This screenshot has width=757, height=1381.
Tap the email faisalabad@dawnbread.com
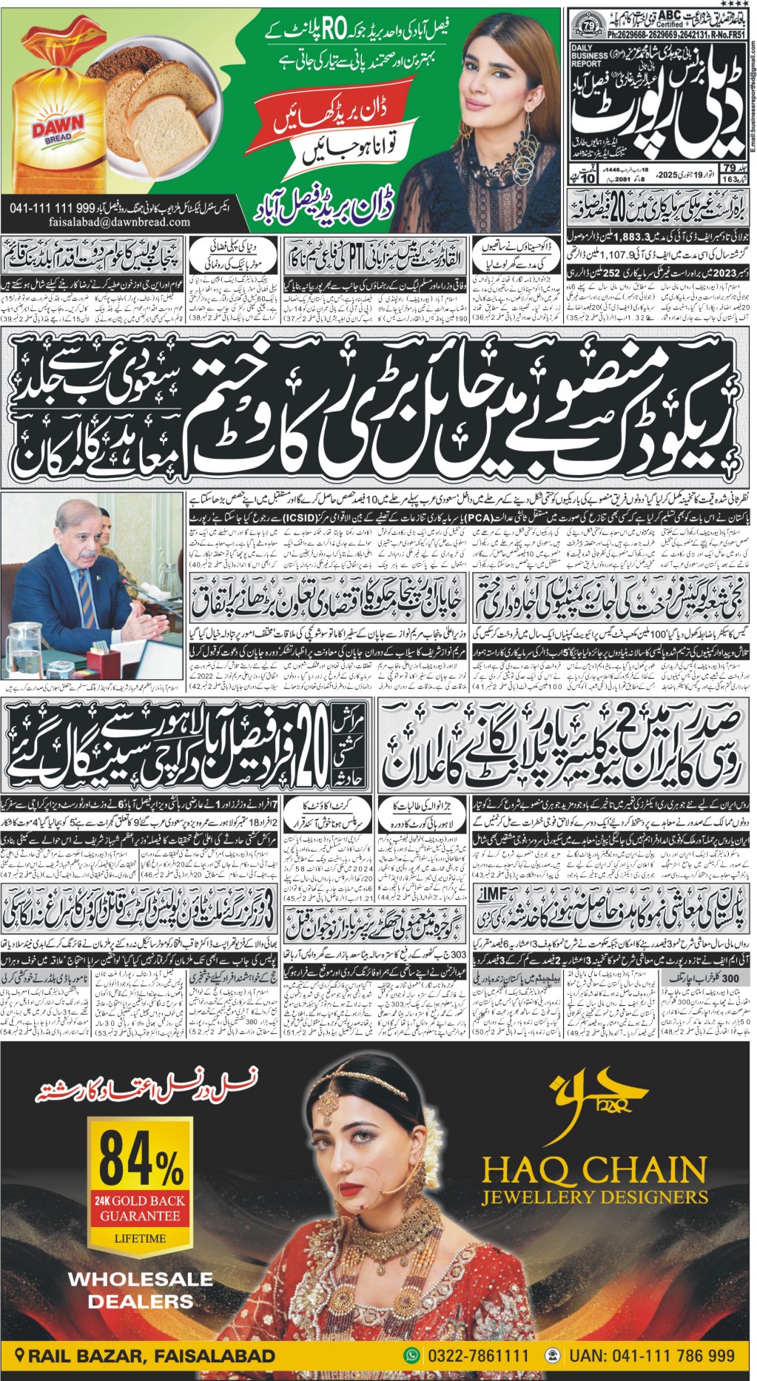point(119,222)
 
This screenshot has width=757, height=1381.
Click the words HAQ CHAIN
point(594,1171)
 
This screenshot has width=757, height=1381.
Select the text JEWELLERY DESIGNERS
point(594,1197)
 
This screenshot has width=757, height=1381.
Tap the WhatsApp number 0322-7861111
point(476,1356)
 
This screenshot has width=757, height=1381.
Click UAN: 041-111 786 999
point(651,1356)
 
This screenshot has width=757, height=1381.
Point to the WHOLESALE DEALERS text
point(140,1290)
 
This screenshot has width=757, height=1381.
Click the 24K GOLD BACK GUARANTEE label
point(140,1208)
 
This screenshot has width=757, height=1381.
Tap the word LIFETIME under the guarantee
point(140,1238)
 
